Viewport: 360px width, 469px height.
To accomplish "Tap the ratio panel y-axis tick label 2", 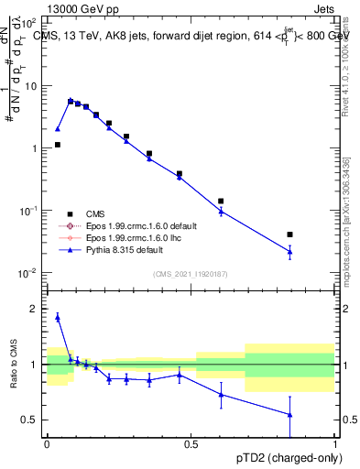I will coord(34,309).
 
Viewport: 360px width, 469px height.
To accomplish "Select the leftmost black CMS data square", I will coord(57,145).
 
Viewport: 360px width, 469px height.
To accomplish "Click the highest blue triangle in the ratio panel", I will coord(57,318).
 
